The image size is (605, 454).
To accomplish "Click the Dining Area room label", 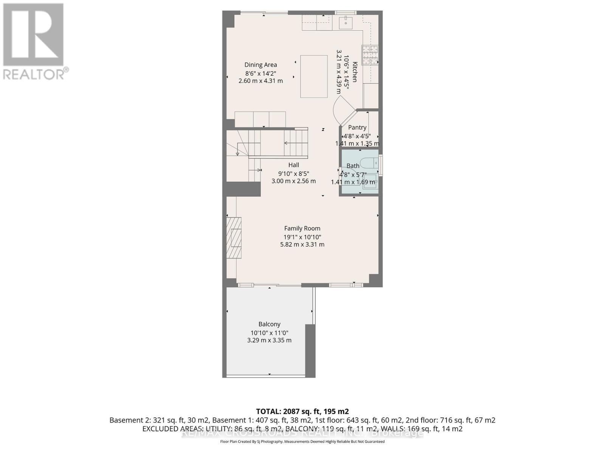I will tap(261, 65).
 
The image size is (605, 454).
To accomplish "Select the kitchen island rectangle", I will tap(314, 76).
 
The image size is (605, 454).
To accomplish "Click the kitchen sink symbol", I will tap(346, 22).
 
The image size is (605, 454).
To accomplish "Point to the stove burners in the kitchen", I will tap(370, 55).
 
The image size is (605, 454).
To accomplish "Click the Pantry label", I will tap(357, 127).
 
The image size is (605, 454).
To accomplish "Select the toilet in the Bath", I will tap(369, 163).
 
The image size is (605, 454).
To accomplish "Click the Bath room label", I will tap(353, 166).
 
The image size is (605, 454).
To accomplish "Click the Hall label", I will tap(293, 165).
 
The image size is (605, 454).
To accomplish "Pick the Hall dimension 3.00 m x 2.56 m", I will tap(293, 181).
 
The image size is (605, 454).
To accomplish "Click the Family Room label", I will tap(302, 229).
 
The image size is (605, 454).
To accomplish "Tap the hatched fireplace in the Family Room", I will tap(234, 237).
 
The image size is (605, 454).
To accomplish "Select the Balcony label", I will tap(269, 324).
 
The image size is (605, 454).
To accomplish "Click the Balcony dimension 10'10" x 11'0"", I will tap(269, 333).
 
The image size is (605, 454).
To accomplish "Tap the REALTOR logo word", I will tap(34, 74).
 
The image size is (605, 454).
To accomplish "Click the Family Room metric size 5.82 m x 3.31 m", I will tap(302, 244).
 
